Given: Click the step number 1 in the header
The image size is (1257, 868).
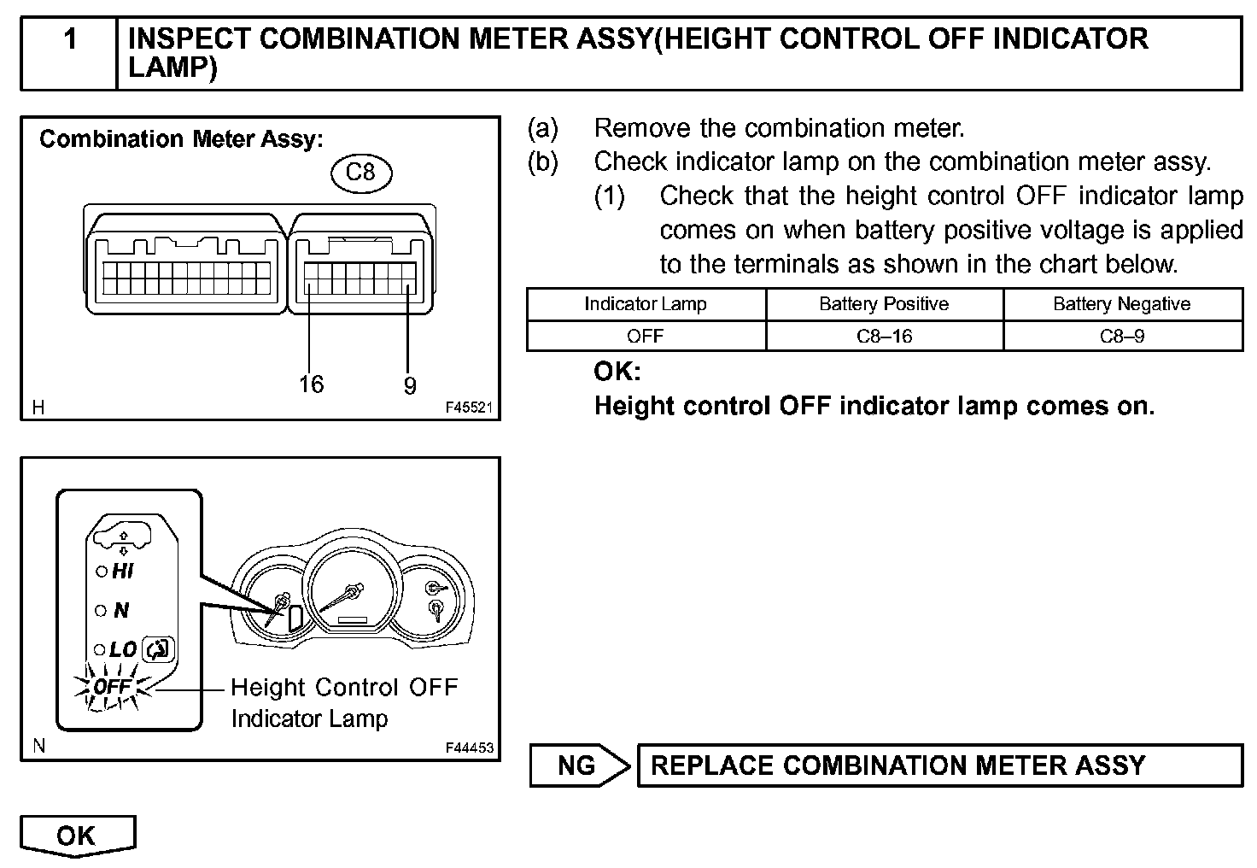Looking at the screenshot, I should pyautogui.click(x=71, y=39).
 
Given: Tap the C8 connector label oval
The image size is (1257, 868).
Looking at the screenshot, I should pyautogui.click(x=360, y=173).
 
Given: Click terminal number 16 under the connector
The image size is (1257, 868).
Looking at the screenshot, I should pyautogui.click(x=312, y=384).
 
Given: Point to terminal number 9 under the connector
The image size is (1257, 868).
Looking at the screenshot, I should pyautogui.click(x=410, y=386).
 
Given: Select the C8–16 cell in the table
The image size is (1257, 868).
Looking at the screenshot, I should pyautogui.click(x=884, y=336).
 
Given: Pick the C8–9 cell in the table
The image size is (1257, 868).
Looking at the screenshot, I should pyautogui.click(x=1122, y=336).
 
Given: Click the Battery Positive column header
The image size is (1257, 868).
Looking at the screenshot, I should pyautogui.click(x=884, y=304).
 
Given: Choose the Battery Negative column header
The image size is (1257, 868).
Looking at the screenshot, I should pyautogui.click(x=1122, y=304).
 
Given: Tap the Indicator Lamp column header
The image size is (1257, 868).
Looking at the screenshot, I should pyautogui.click(x=646, y=304).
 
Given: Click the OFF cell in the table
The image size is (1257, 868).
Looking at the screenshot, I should pyautogui.click(x=646, y=336).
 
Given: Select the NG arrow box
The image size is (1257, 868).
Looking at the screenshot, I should pyautogui.click(x=578, y=765).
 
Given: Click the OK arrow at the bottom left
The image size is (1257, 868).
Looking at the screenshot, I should pyautogui.click(x=77, y=836).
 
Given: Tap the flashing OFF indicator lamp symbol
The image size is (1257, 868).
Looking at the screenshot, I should pyautogui.click(x=112, y=687).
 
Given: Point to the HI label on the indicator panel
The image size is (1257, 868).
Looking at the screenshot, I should pyautogui.click(x=123, y=572).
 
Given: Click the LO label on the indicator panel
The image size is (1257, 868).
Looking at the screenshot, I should pyautogui.click(x=123, y=649).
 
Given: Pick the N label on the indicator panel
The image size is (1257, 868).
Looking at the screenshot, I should pyautogui.click(x=121, y=610).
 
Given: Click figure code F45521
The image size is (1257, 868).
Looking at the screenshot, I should pyautogui.click(x=469, y=408).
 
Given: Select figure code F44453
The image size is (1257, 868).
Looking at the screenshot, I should pyautogui.click(x=469, y=748).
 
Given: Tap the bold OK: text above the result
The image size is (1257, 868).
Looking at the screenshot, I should pyautogui.click(x=617, y=372).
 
